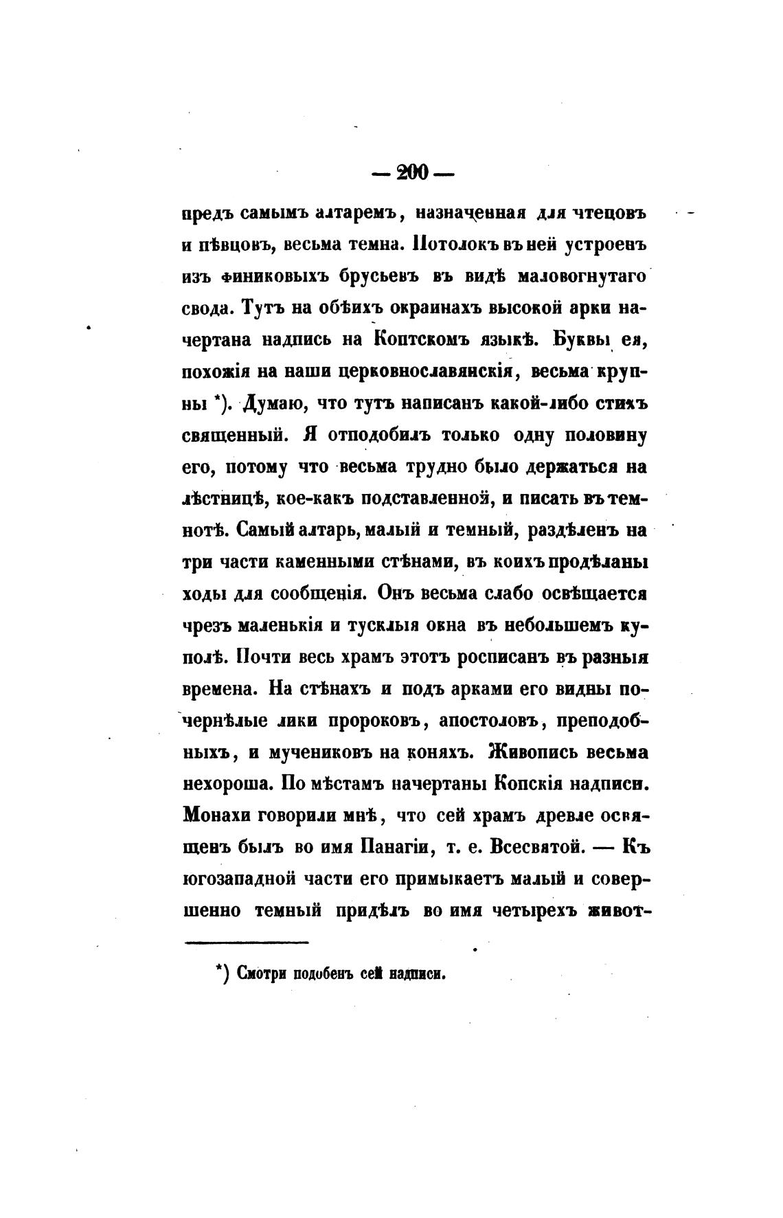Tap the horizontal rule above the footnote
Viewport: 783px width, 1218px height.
tap(247, 943)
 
